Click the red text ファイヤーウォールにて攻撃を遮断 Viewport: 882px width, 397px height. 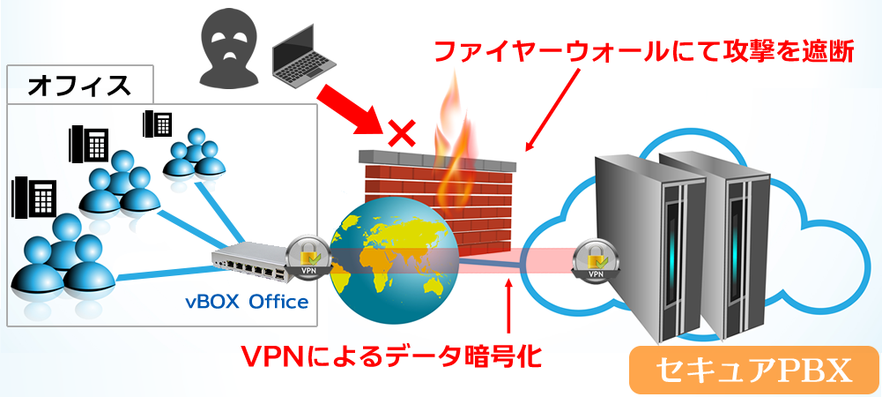643,50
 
